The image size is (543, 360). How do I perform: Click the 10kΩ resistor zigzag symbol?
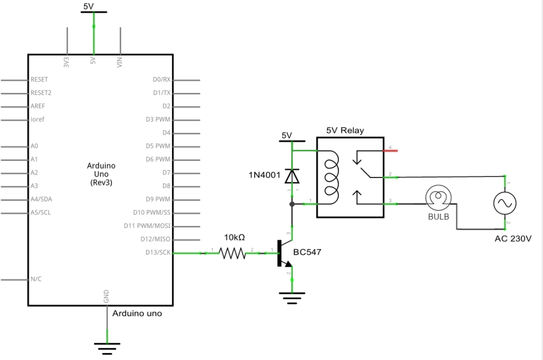[x=233, y=253]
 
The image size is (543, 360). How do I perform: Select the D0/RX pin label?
[x=161, y=80]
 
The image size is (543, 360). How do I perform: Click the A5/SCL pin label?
[x=41, y=212]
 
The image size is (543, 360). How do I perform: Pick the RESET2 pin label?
[x=41, y=93]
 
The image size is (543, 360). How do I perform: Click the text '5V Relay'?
[x=345, y=130]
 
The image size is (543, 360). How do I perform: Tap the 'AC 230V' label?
[x=513, y=238]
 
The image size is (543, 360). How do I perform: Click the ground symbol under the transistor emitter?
[x=292, y=298]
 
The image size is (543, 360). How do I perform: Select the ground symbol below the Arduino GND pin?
[x=106, y=346]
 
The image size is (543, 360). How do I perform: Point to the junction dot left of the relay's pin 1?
[x=292, y=204]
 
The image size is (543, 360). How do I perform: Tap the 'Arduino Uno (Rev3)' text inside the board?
[x=101, y=174]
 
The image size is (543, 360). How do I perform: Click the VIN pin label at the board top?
[x=119, y=62]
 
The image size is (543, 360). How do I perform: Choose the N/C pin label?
[x=36, y=279]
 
